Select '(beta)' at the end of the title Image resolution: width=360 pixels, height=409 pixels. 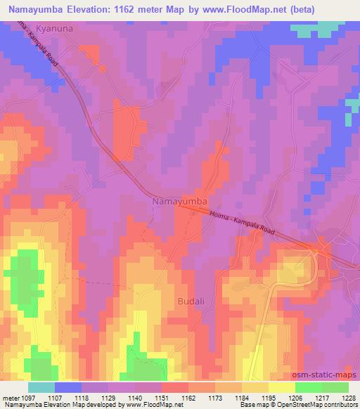(x=298, y=9)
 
